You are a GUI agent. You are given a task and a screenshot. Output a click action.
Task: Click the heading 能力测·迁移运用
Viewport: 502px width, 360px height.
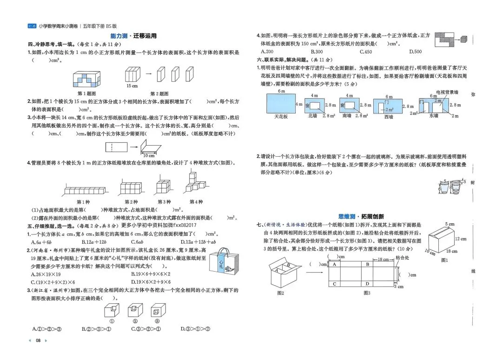[x=133, y=36]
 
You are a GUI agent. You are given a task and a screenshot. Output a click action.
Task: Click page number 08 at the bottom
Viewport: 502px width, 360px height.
[x=39, y=340]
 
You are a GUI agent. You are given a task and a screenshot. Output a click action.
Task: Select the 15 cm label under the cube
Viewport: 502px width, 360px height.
[x=132, y=86]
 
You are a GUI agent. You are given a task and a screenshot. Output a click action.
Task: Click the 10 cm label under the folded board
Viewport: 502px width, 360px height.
[x=149, y=155]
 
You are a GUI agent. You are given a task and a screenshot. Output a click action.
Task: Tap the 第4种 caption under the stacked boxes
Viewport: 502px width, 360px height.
[x=196, y=202]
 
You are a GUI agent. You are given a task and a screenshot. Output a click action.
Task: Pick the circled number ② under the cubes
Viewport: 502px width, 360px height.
[x=135, y=320]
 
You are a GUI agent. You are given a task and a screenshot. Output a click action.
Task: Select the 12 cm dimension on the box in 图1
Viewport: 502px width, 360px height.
[x=461, y=239]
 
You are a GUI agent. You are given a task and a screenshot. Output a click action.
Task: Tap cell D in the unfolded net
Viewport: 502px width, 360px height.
[x=367, y=284]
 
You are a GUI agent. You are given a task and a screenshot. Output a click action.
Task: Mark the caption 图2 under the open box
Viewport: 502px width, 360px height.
[x=280, y=293]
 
